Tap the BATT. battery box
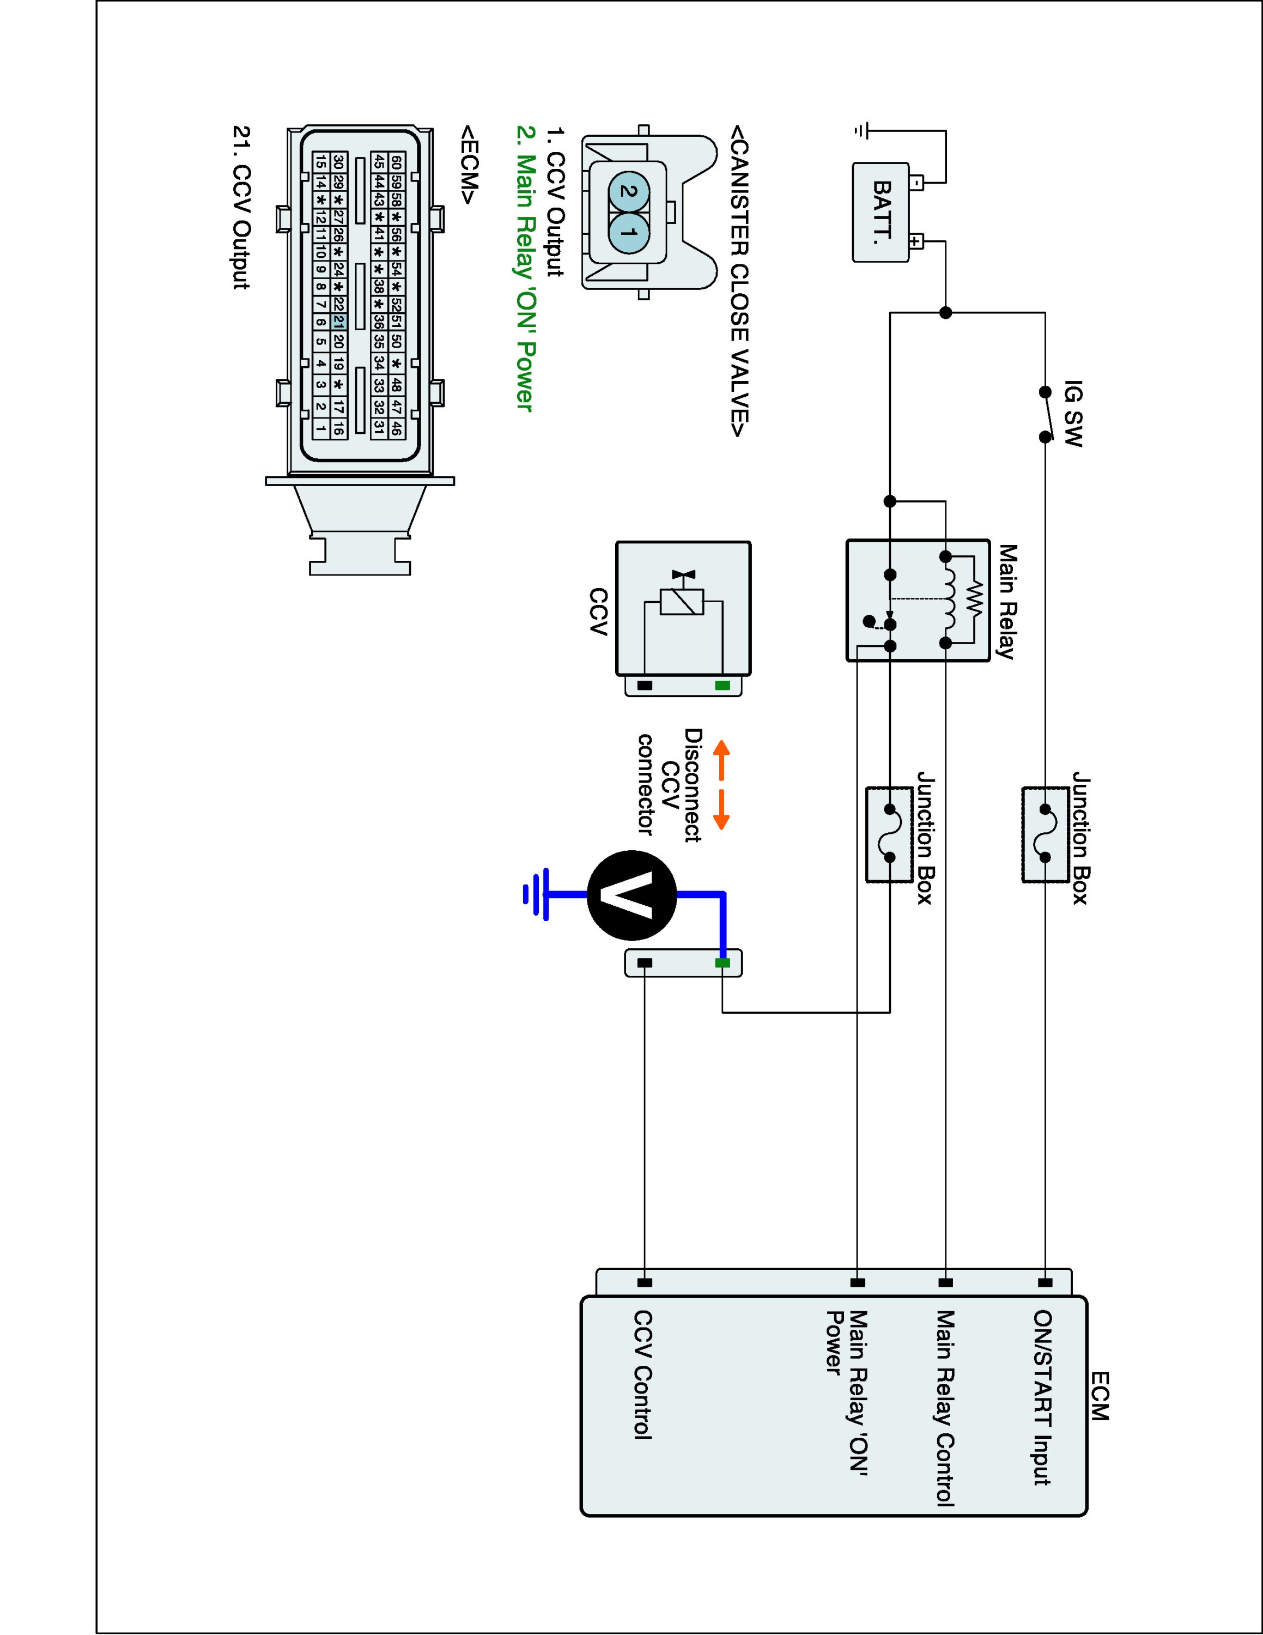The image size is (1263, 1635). pos(881,213)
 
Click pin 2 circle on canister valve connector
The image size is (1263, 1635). pos(629,192)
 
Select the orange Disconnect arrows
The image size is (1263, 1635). pos(721,786)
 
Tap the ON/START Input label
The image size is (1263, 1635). pos(1043,1397)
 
